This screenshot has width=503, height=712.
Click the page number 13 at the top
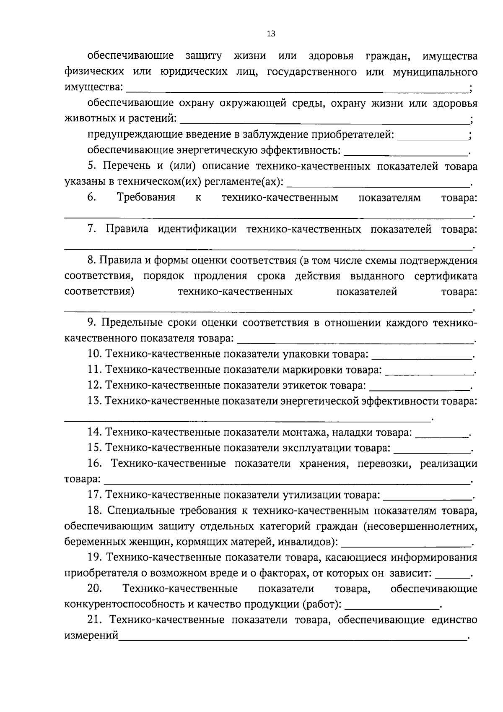pos(271,34)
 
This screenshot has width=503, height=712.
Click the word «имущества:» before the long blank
pos(93,87)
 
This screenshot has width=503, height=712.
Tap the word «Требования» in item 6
pos(146,197)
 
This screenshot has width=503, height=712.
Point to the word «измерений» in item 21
pos(91,636)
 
